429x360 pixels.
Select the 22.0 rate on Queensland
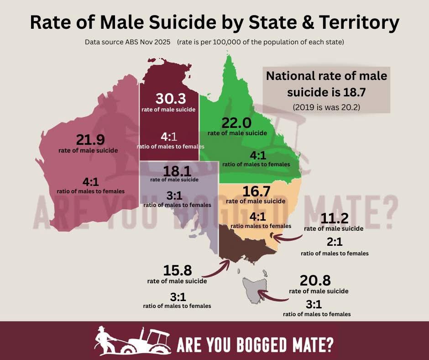click(237, 123)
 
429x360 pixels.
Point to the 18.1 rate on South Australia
click(174, 171)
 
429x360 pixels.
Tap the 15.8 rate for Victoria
click(177, 271)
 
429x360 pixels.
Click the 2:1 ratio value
click(334, 243)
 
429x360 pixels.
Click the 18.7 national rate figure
click(361, 93)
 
